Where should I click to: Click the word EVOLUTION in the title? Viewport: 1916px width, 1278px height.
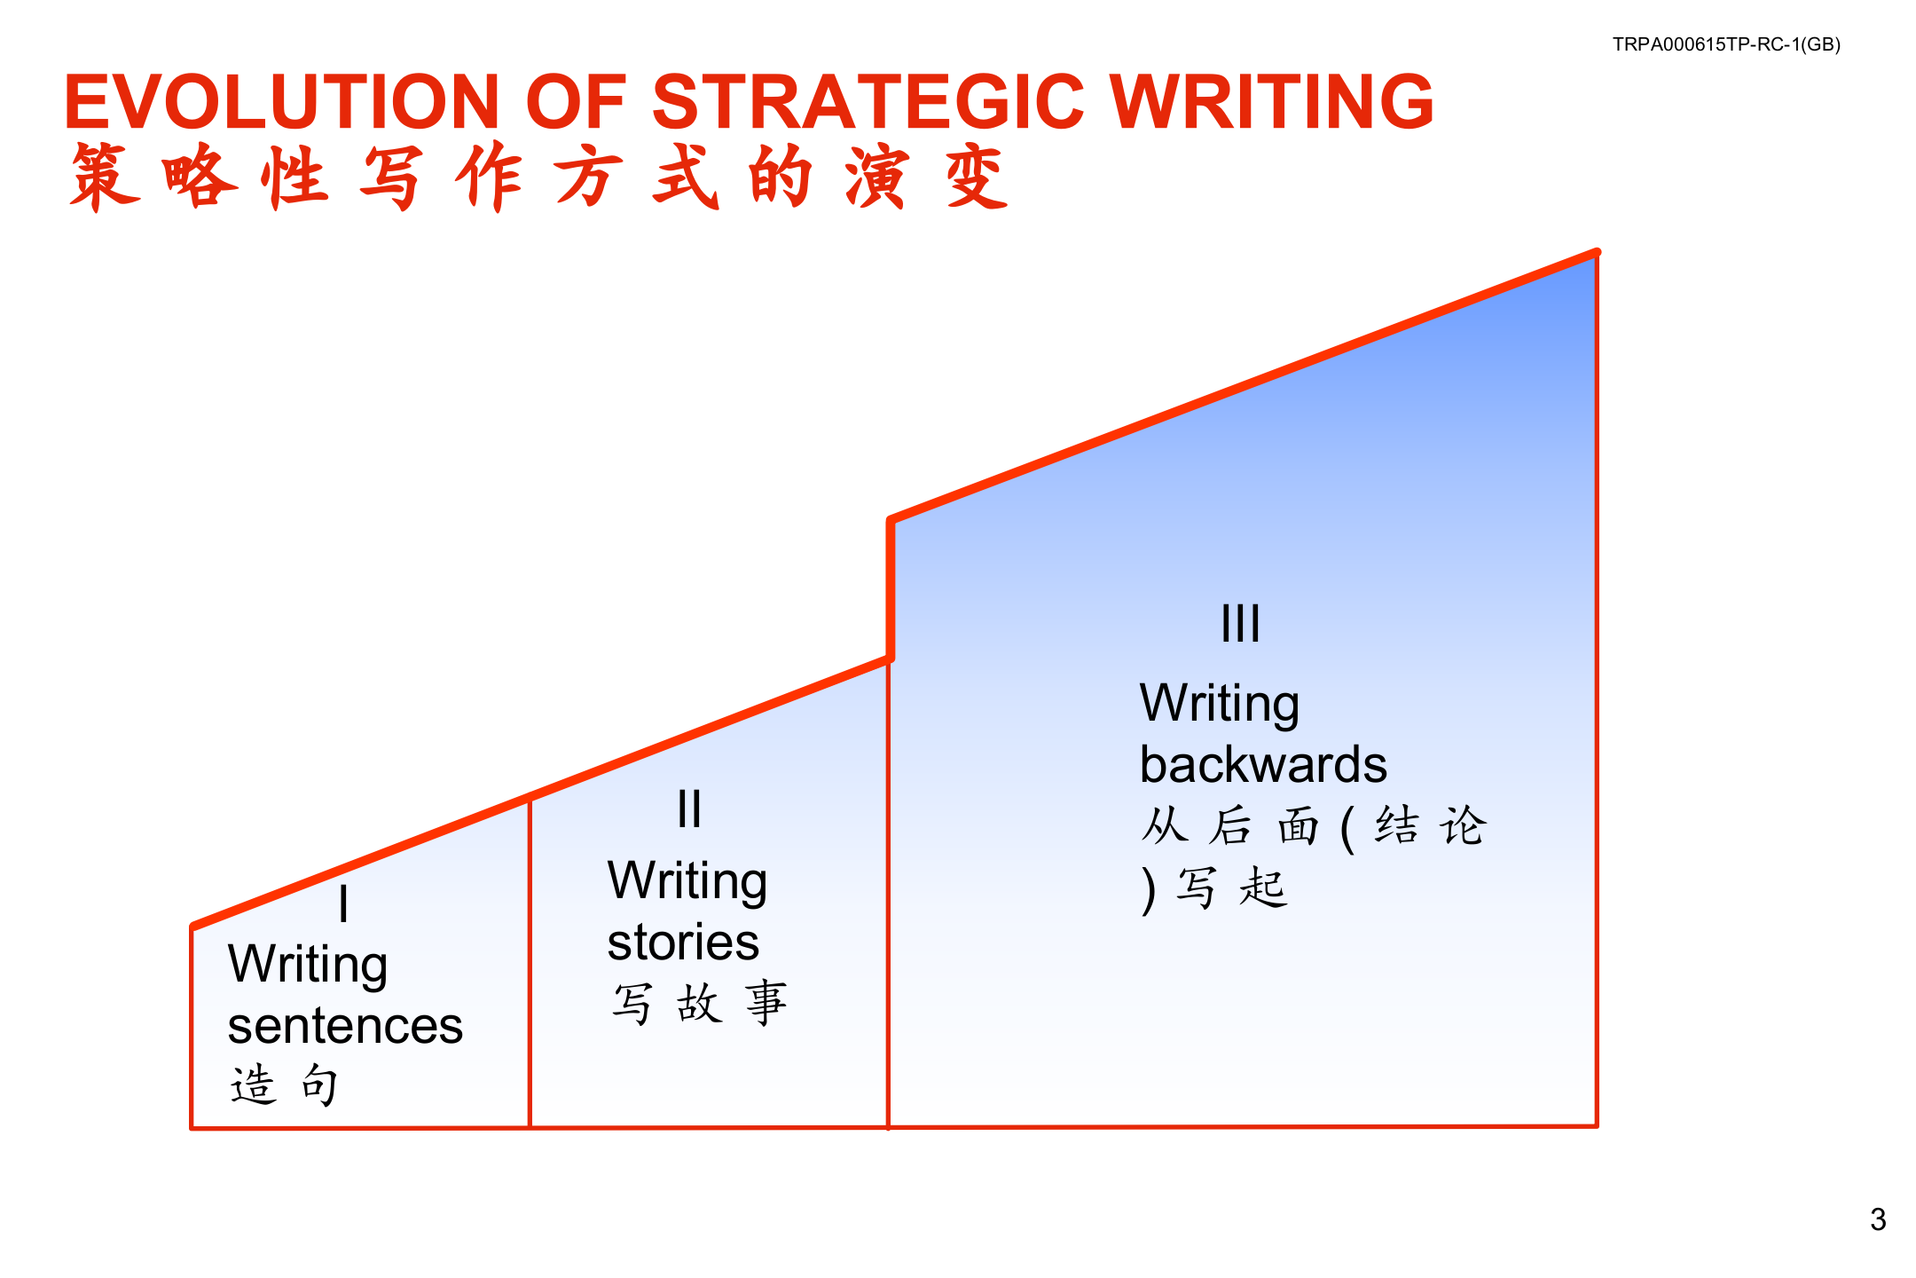point(282,102)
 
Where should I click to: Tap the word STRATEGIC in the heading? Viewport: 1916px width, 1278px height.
point(868,102)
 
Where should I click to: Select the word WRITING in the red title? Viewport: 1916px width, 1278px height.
point(1270,102)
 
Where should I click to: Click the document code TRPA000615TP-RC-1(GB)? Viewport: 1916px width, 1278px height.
point(1725,44)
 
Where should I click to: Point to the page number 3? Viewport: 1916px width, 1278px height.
point(1877,1219)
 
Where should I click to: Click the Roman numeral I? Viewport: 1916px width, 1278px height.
point(343,905)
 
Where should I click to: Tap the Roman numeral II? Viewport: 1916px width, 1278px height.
point(688,809)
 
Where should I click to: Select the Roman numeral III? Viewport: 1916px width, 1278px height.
point(1239,624)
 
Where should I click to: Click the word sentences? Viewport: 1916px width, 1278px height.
point(345,1026)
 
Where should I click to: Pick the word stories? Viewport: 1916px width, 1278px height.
point(683,943)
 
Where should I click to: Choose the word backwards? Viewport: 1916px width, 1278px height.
point(1263,765)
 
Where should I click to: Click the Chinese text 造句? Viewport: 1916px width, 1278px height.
point(284,1085)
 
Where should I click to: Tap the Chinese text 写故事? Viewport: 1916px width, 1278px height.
point(699,1003)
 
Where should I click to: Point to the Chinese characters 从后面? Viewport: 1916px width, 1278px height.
point(1229,826)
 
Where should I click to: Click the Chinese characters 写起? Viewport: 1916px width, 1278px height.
point(1232,887)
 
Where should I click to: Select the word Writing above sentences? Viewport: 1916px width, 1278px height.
point(308,965)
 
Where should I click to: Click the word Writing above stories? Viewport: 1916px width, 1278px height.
point(687,881)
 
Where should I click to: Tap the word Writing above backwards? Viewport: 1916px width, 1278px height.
point(1220,704)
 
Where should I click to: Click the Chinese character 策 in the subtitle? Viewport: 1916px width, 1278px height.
point(105,177)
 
